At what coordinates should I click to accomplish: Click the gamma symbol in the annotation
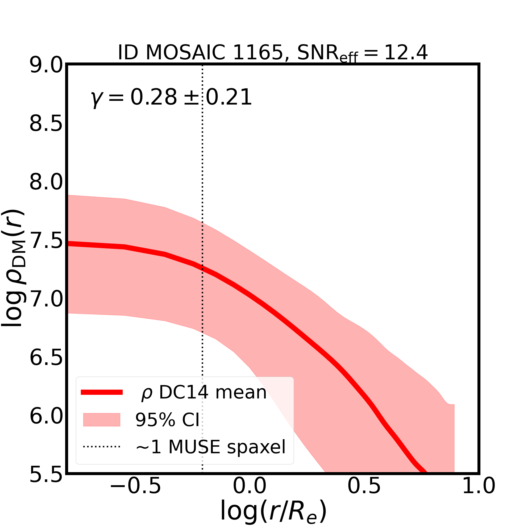point(96,99)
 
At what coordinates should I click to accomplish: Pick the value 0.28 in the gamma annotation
point(153,97)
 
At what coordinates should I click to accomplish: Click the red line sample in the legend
point(102,392)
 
